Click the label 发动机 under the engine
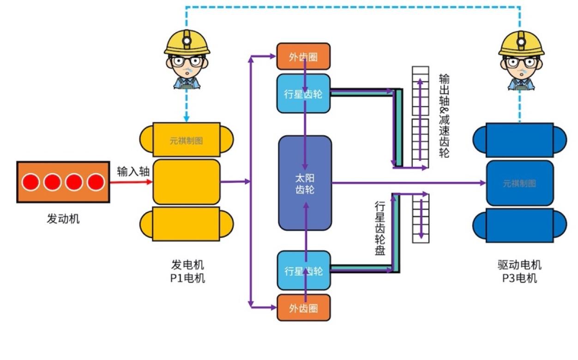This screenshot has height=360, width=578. click(x=63, y=218)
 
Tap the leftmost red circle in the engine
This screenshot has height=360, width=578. click(x=31, y=182)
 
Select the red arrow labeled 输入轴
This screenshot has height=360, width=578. click(x=131, y=182)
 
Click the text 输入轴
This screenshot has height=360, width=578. click(x=133, y=172)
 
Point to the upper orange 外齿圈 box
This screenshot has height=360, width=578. click(x=303, y=56)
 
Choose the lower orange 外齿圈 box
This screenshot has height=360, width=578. click(x=303, y=308)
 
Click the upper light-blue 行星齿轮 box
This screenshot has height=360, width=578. click(x=303, y=94)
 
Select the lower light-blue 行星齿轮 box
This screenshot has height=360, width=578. click(x=303, y=270)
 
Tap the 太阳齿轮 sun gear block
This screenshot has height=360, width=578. click(x=305, y=183)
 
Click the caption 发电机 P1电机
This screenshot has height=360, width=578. click(x=187, y=271)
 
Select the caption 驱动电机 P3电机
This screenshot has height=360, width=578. click(x=519, y=271)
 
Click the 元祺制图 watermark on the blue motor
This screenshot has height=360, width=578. click(x=519, y=183)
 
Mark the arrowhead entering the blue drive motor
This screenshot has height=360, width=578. click(x=483, y=183)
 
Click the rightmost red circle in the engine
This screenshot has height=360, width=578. click(x=96, y=182)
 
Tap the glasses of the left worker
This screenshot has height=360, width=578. click(x=187, y=60)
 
